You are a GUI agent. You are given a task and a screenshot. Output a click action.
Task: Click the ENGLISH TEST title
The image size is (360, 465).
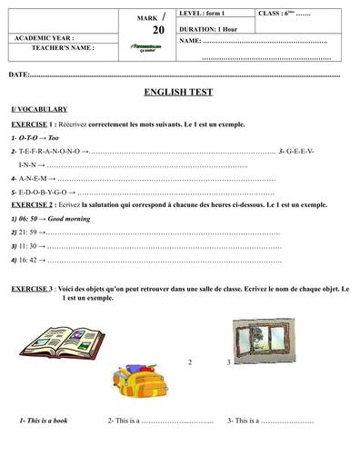(x=181, y=93)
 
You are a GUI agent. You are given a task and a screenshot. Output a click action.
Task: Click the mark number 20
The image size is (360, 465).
(x=159, y=30)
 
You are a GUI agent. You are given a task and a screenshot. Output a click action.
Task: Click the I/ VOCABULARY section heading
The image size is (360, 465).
(x=40, y=109)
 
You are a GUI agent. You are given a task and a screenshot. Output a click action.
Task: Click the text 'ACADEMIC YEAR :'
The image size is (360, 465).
(x=45, y=37)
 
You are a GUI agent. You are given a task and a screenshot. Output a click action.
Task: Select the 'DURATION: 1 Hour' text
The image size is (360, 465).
(x=212, y=28)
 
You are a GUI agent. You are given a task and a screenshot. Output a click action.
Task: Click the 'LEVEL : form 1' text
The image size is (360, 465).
(x=204, y=15)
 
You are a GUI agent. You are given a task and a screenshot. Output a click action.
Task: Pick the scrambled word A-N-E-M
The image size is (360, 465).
(x=35, y=180)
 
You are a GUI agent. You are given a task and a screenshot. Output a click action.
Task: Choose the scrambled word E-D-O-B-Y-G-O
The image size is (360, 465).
(x=45, y=193)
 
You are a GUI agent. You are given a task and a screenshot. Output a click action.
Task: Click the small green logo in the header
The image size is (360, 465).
(x=140, y=46)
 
